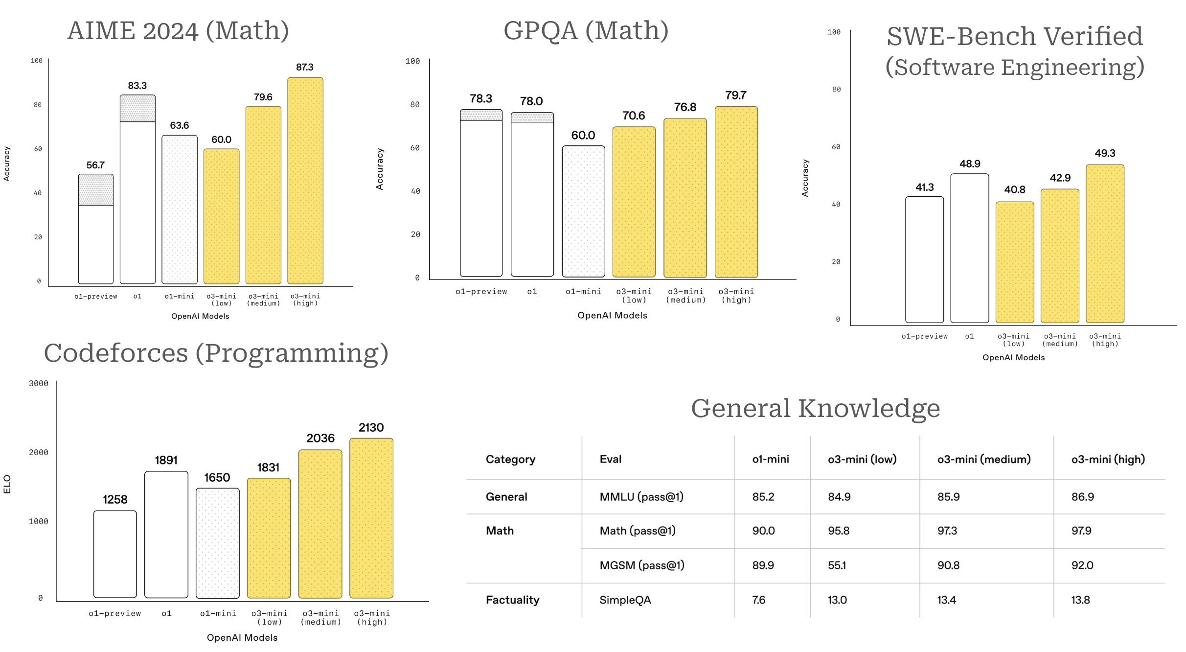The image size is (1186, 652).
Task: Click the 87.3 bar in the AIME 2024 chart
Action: point(305,181)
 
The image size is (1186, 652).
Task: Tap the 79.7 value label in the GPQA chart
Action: point(736,95)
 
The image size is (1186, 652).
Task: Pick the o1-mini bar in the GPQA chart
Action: point(583,211)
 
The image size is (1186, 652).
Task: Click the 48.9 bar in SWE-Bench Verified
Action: point(969,248)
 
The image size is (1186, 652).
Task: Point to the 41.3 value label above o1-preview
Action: point(924,187)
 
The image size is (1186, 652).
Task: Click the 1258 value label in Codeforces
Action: point(115,500)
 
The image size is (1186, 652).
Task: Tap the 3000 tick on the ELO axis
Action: point(39,383)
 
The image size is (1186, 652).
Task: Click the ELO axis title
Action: point(7,484)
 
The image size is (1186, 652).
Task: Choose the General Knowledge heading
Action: point(815,408)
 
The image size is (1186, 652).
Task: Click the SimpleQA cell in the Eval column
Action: point(625,600)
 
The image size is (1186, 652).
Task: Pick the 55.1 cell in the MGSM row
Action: point(837,565)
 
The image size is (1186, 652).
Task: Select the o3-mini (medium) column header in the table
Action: point(983,459)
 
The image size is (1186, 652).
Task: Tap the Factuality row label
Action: point(512,600)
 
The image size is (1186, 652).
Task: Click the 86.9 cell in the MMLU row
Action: point(1082,497)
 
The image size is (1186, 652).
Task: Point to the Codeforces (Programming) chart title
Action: point(216,353)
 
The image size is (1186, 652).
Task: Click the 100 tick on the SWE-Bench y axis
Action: point(834,32)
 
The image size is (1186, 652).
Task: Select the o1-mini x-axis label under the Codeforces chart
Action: point(218,613)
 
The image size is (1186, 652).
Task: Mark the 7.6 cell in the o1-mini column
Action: point(758,600)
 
